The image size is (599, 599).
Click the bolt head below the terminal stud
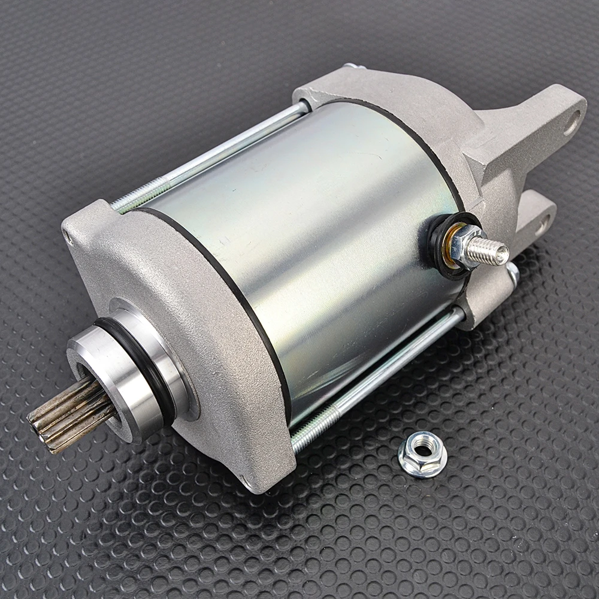pyautogui.click(x=512, y=273)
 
